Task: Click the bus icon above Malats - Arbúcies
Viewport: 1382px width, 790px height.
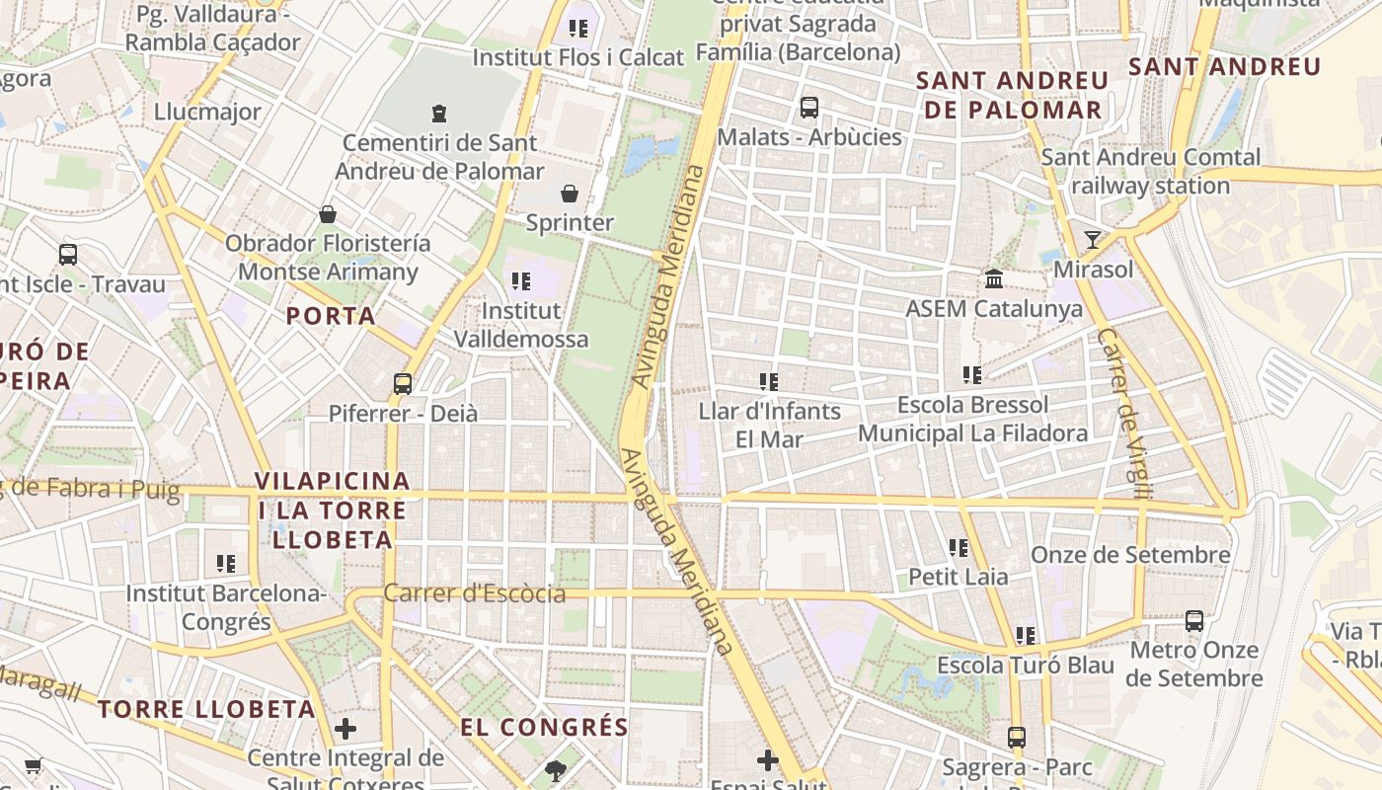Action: pos(809,107)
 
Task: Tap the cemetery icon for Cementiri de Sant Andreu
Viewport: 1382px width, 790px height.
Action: pos(439,114)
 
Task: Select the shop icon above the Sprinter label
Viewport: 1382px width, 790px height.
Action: pos(570,193)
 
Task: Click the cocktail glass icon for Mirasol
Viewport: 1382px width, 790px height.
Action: pos(1092,239)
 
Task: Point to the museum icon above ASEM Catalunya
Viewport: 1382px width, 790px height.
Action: pos(994,279)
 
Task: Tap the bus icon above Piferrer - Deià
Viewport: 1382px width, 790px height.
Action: pos(403,383)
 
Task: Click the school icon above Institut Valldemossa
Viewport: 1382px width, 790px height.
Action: pos(520,281)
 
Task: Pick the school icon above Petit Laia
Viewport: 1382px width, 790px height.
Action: pos(958,546)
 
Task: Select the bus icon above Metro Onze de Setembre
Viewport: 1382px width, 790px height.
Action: pos(1194,620)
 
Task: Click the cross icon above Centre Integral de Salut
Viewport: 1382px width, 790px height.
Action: pos(345,729)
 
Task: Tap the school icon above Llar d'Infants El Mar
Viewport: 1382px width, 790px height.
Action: pos(768,381)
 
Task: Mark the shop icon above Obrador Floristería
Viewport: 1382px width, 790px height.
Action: pos(328,213)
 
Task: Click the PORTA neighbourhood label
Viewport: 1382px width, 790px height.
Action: pos(331,316)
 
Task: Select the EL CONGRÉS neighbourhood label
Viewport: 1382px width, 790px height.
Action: pos(544,728)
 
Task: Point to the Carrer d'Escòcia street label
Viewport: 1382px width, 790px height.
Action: pos(475,593)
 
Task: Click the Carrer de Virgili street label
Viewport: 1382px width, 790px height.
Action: pos(1123,415)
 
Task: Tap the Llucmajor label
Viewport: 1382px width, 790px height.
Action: pos(207,112)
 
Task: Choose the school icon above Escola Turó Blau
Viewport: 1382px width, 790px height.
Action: pos(1025,635)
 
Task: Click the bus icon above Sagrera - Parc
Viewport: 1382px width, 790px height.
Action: pos(1017,737)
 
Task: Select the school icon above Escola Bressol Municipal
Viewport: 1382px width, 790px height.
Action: pos(972,375)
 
